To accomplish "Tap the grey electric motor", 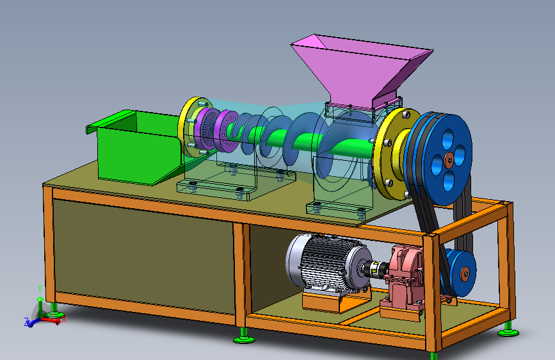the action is click(x=327, y=263).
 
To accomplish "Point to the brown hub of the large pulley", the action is click(x=449, y=160).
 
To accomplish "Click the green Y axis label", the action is click(x=40, y=289).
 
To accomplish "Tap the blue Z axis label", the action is click(x=26, y=322).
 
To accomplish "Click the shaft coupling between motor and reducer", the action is click(x=375, y=268).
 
